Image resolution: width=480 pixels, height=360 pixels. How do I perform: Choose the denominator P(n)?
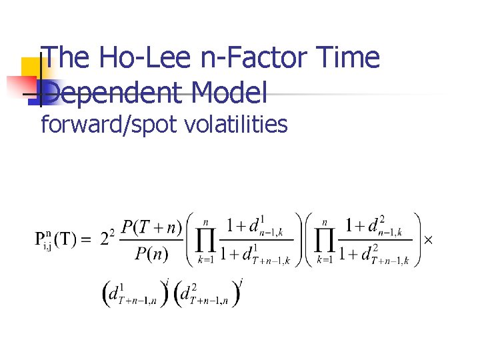[x=152, y=254]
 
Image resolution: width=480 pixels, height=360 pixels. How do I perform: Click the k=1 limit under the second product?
[x=325, y=259]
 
